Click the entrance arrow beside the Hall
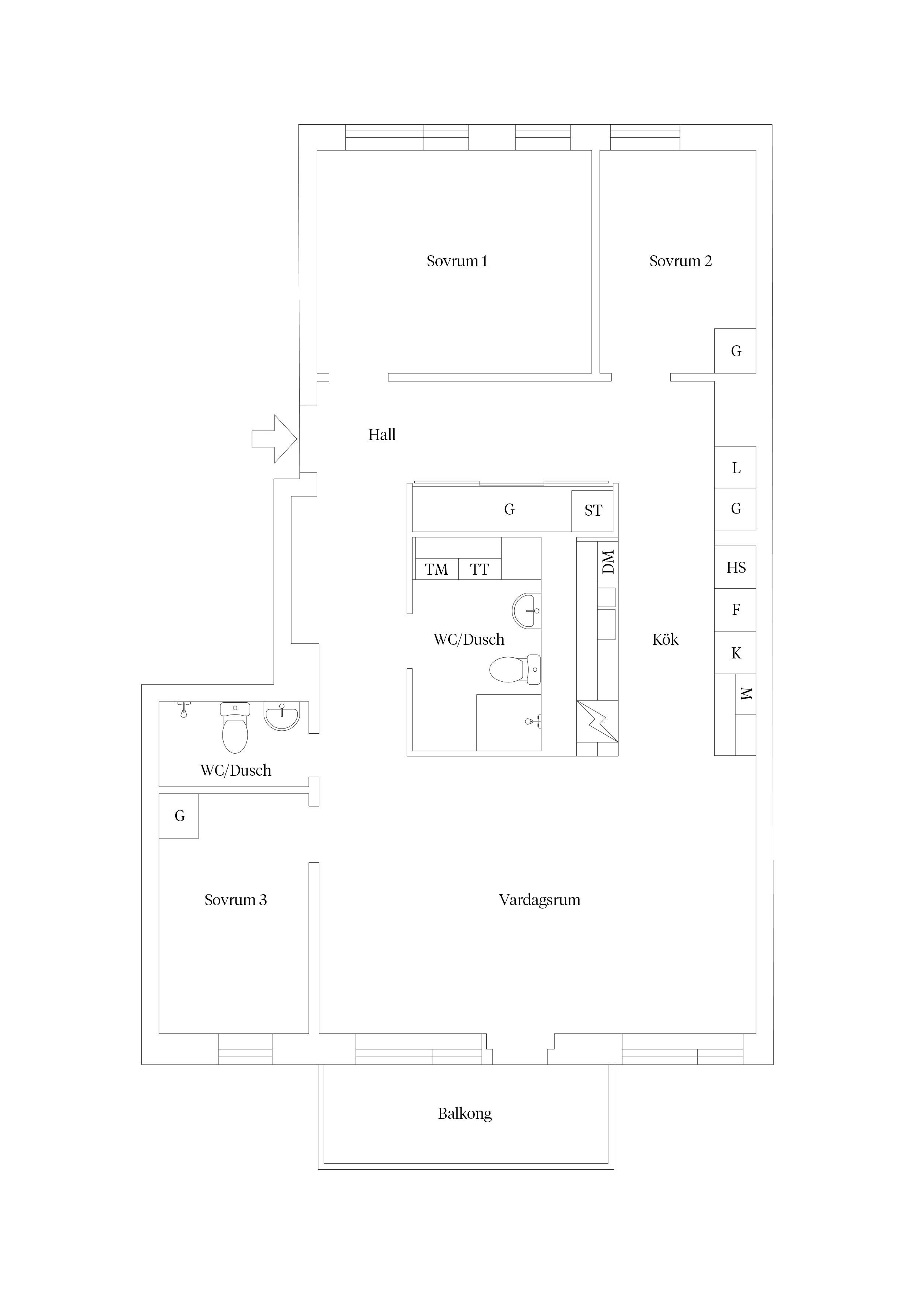click(x=274, y=439)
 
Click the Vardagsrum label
click(x=539, y=900)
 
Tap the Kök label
click(x=665, y=639)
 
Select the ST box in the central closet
click(x=593, y=511)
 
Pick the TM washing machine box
click(x=436, y=569)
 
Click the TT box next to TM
click(x=480, y=569)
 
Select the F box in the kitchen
click(x=735, y=610)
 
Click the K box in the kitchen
click(x=735, y=653)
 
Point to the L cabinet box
click(x=735, y=467)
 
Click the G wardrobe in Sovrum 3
click(x=179, y=816)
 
